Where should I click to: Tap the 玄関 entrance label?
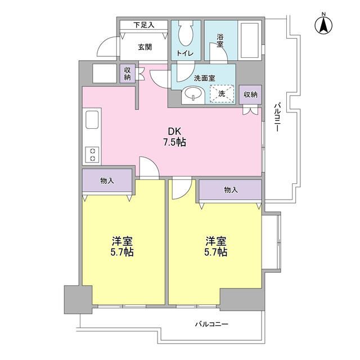coord(145,47)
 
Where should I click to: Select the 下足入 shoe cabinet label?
coord(143,25)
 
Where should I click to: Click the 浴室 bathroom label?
coord(220,41)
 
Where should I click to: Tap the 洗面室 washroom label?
coord(204,79)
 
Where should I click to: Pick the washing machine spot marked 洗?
coord(222,94)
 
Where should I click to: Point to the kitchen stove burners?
coord(91,154)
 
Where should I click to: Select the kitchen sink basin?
coord(91,121)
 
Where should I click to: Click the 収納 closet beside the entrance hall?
coord(128,74)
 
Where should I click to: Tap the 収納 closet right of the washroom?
coord(251,94)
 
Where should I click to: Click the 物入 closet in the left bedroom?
coord(107,181)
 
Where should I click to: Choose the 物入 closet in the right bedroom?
coord(230,190)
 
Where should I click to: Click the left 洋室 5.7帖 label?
coord(122,247)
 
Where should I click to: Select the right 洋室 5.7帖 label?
coord(216,247)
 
